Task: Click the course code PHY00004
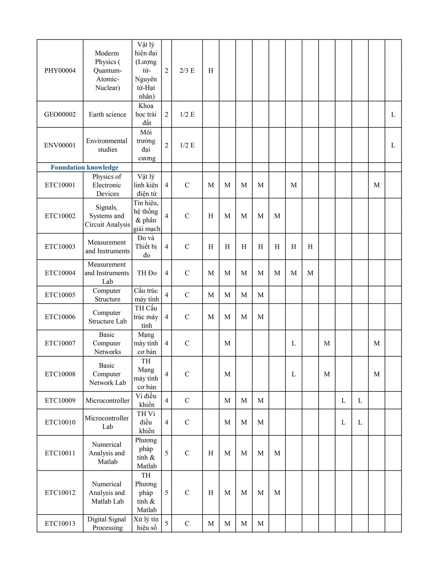60,70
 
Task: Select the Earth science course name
107,115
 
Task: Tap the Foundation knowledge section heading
84,167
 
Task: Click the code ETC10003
60,247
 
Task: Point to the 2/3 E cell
187,70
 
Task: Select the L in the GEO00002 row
393,115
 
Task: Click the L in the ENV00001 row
393,145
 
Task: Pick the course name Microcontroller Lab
107,422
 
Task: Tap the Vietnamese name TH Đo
147,273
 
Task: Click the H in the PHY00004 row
211,70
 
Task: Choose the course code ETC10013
60,524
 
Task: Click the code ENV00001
60,145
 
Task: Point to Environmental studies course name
107,145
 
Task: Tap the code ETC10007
60,343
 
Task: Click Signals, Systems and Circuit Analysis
107,216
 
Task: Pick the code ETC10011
60,453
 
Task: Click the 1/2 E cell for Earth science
187,115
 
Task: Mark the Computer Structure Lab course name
107,317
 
